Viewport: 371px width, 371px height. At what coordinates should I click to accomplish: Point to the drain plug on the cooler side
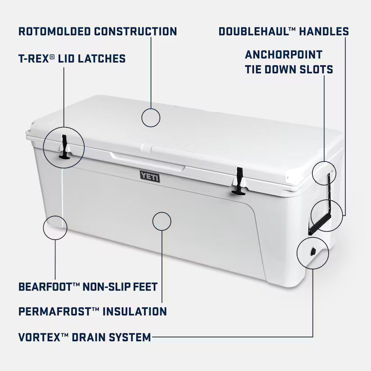[x=313, y=251]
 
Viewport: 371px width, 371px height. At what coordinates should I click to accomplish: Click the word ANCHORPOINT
[x=284, y=55]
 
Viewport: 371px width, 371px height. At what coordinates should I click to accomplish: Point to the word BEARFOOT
[x=45, y=287]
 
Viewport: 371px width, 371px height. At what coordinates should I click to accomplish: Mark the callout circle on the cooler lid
[x=151, y=118]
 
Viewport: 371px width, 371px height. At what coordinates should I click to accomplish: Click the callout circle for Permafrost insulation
[x=161, y=221]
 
